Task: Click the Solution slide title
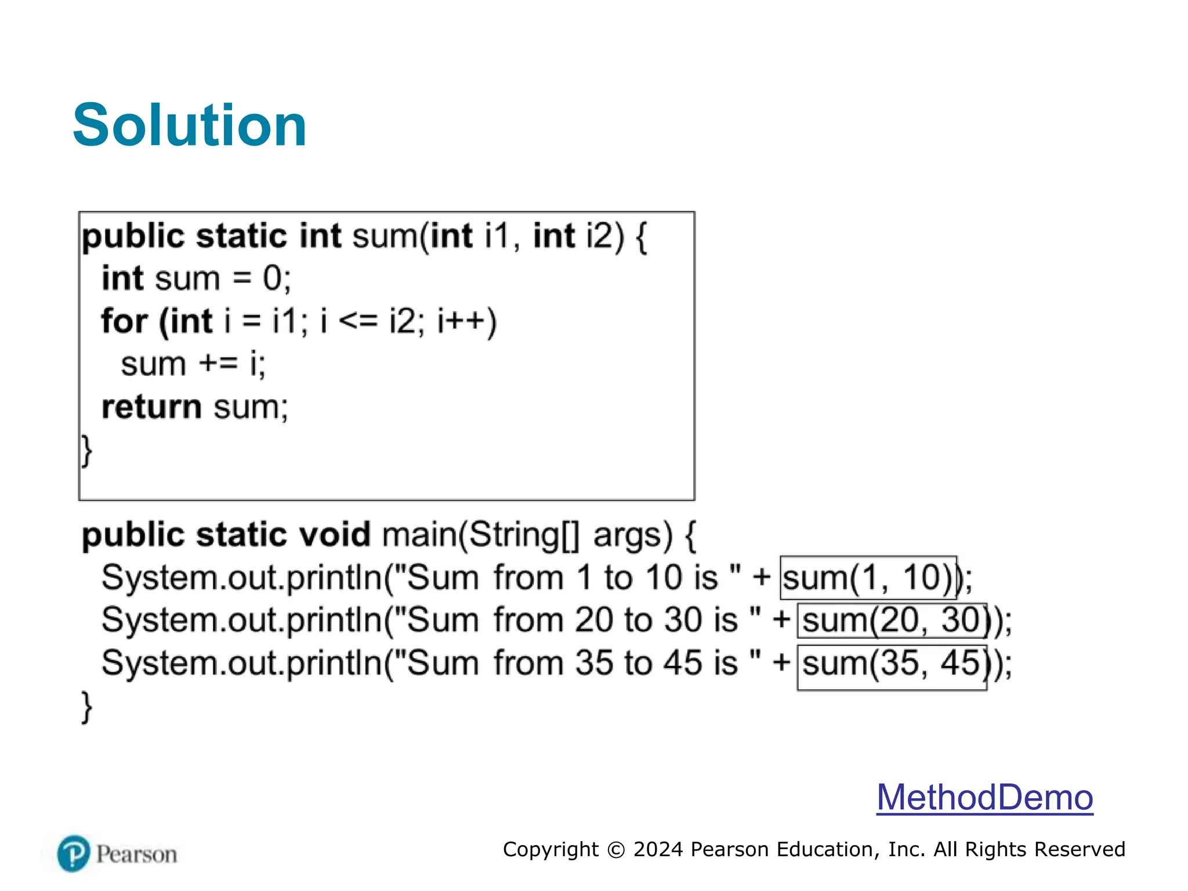tap(190, 125)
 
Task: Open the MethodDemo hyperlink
tap(984, 797)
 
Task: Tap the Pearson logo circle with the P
tap(74, 853)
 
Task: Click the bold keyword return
tap(151, 407)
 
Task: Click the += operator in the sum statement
tap(218, 364)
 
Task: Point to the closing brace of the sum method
tap(86, 451)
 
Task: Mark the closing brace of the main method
tap(86, 707)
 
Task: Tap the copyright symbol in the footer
tap(616, 850)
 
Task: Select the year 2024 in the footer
tap(658, 849)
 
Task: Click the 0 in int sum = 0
tap(272, 278)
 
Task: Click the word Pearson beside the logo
tap(136, 854)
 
